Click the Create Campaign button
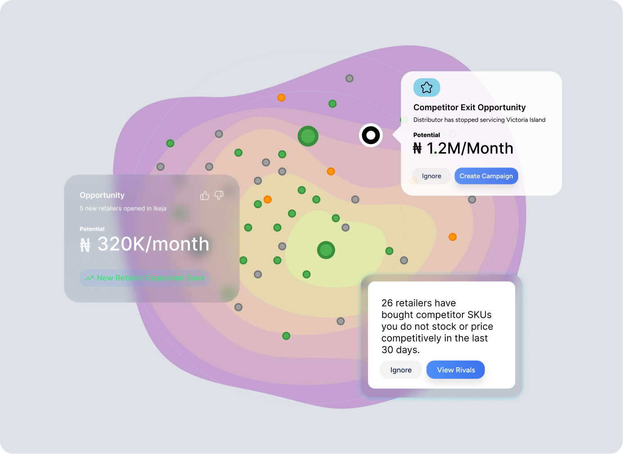(x=486, y=176)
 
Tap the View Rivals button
(x=456, y=370)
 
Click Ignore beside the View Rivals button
(x=401, y=370)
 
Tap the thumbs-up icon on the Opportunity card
(x=205, y=195)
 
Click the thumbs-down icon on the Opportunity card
(x=219, y=195)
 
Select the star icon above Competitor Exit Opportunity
(x=426, y=87)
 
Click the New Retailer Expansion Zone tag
(x=145, y=278)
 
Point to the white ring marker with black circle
(x=371, y=135)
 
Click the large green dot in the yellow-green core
(x=326, y=250)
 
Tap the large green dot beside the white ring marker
(x=308, y=136)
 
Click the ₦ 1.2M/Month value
(x=463, y=148)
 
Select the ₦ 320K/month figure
(x=145, y=244)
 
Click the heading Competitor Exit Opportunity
(x=469, y=108)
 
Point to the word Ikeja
(x=160, y=208)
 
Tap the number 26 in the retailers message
(x=387, y=303)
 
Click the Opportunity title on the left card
(x=102, y=195)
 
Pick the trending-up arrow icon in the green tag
(x=89, y=278)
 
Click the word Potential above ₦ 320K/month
(x=92, y=229)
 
